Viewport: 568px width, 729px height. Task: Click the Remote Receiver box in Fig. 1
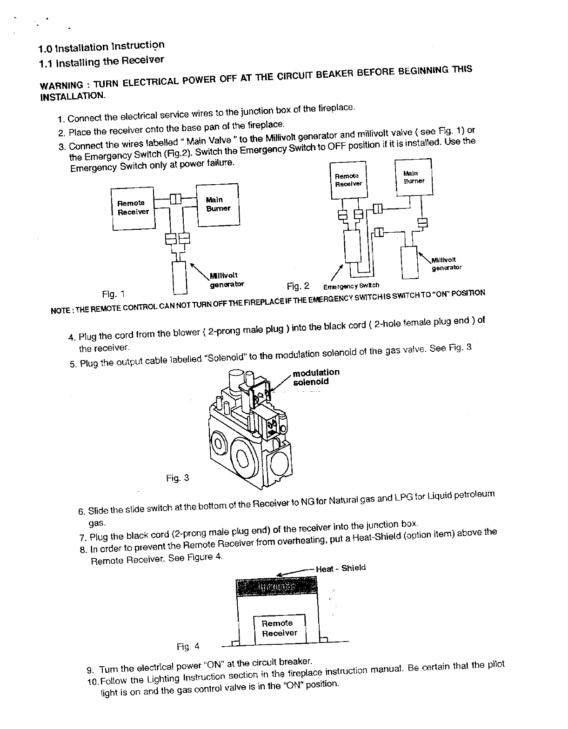133,208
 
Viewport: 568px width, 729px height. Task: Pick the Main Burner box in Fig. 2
414,177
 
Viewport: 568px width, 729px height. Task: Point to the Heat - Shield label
341,568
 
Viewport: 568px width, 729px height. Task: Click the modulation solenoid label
316,377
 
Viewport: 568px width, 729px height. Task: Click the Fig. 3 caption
178,478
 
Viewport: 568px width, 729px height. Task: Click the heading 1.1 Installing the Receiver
101,61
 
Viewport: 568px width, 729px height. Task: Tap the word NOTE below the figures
60,310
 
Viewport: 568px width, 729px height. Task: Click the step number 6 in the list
81,512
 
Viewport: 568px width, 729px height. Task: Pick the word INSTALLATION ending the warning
72,97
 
